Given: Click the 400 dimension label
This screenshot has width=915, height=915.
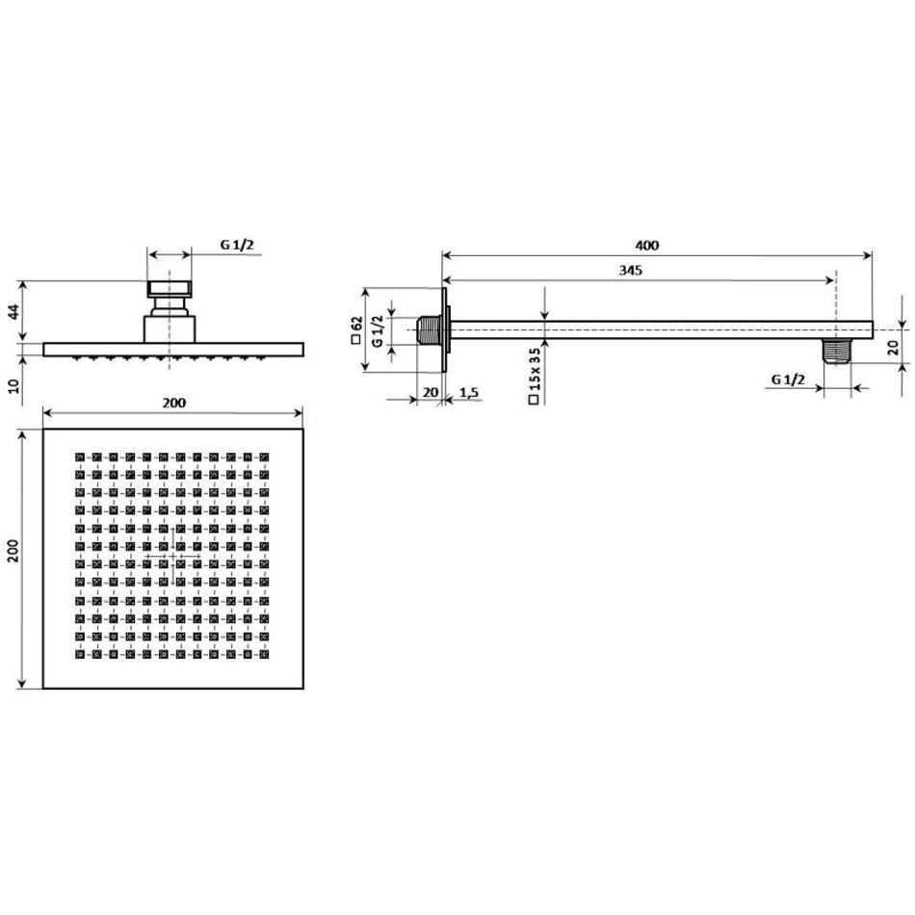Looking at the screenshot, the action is click(647, 245).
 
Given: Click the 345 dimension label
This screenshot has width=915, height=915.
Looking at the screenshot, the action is click(631, 271).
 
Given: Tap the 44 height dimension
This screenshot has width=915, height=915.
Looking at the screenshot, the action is click(13, 311).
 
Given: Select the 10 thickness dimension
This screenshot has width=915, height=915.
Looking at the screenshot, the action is click(13, 385).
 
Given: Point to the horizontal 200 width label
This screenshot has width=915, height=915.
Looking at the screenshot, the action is click(174, 403).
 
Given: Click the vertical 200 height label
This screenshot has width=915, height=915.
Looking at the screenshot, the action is click(13, 551).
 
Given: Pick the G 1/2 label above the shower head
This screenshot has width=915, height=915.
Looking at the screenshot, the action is click(237, 245).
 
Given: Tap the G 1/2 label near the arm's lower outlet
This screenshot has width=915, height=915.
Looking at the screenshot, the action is click(788, 379).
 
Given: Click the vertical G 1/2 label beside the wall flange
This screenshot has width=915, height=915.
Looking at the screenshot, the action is click(378, 331).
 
